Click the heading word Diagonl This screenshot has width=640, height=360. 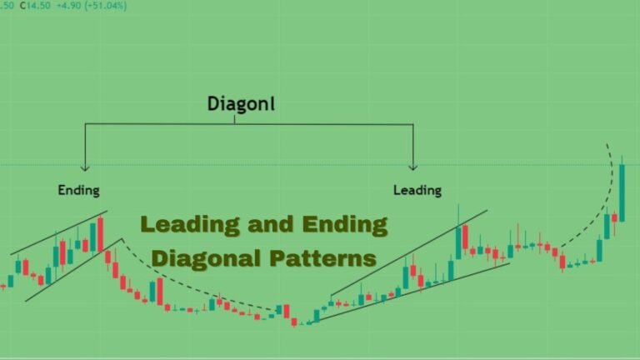[241, 103]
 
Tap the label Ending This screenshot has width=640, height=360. [79, 190]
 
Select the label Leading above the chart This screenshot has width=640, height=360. [417, 190]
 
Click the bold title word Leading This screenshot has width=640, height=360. [191, 225]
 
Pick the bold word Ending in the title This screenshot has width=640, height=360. [345, 225]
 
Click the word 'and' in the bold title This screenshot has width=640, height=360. [271, 224]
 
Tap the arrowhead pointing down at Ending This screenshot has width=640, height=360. [85, 167]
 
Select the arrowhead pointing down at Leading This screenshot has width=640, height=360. [413, 167]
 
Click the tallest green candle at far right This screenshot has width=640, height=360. [622, 193]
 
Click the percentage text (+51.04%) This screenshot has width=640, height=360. [105, 6]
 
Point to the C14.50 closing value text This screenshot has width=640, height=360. [35, 6]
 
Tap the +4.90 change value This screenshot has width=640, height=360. [68, 6]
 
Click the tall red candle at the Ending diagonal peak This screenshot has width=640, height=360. [100, 235]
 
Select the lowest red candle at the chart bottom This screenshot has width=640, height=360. [294, 322]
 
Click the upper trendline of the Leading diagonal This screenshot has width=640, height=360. [409, 253]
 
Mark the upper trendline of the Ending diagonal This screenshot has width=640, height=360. [59, 232]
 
